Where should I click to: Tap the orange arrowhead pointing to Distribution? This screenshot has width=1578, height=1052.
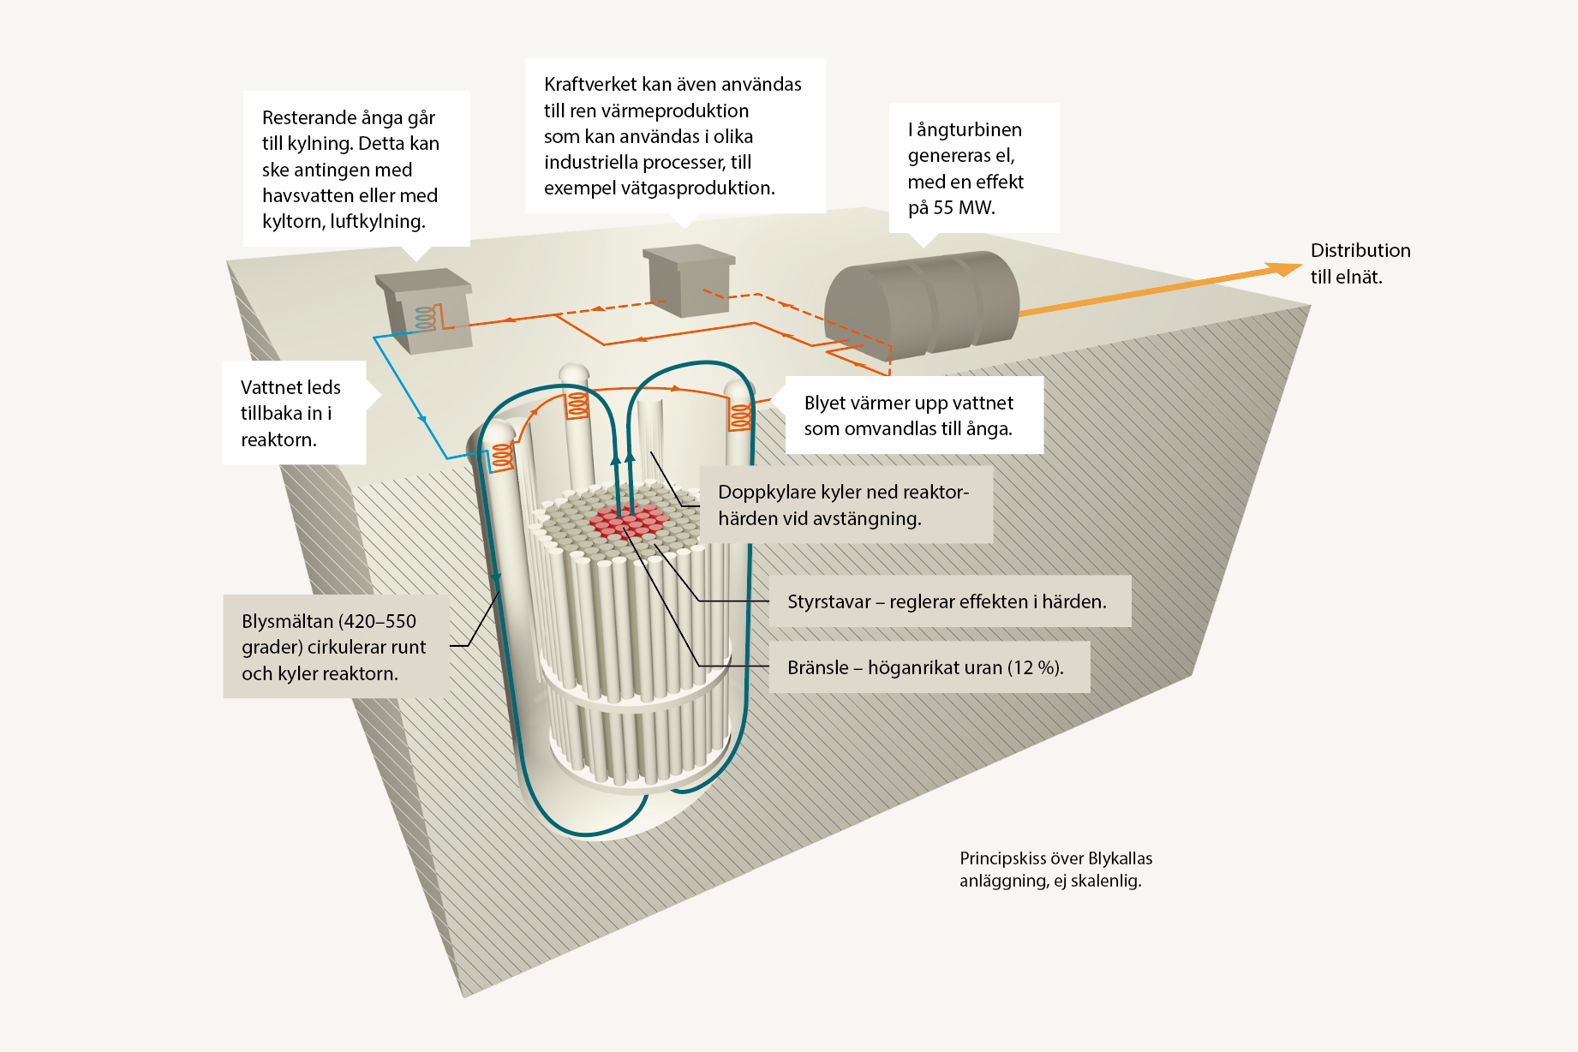pos(1286,269)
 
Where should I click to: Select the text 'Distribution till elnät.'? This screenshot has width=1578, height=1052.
pos(1360,263)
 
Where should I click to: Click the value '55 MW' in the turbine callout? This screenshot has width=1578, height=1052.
pos(964,208)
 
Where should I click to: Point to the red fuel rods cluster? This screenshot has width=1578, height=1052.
pos(628,521)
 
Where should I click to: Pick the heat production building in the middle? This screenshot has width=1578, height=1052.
pos(689,278)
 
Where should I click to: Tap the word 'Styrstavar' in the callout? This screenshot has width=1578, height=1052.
pos(828,601)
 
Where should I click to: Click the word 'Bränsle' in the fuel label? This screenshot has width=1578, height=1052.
pos(817,667)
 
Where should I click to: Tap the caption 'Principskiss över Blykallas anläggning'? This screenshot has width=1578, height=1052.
pos(1055,869)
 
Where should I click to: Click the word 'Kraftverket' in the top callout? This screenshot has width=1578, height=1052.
pos(590,84)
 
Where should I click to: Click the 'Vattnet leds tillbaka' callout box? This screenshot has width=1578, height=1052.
pos(294,413)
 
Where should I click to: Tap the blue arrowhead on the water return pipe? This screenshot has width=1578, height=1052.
pos(422,420)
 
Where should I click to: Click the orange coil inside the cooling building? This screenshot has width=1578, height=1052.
pos(427,318)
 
